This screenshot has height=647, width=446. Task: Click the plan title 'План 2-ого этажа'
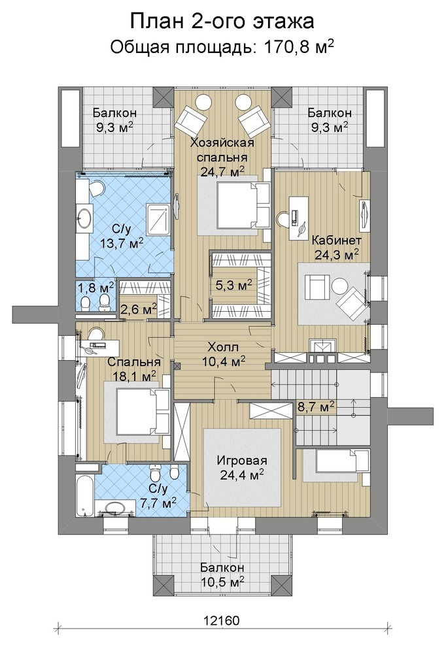tap(222, 22)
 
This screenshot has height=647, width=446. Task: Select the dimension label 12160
tap(221, 620)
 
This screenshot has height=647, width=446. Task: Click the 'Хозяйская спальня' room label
tap(222, 150)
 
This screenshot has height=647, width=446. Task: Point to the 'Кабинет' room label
tap(337, 240)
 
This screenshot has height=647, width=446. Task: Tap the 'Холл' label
tap(223, 346)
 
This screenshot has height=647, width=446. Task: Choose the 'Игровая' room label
tap(242, 461)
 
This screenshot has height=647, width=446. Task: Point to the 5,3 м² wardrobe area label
tap(234, 285)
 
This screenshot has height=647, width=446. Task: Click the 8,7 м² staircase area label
tap(316, 407)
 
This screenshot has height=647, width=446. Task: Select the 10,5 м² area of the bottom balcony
tap(222, 583)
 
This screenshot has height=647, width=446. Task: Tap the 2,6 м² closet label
tap(139, 308)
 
